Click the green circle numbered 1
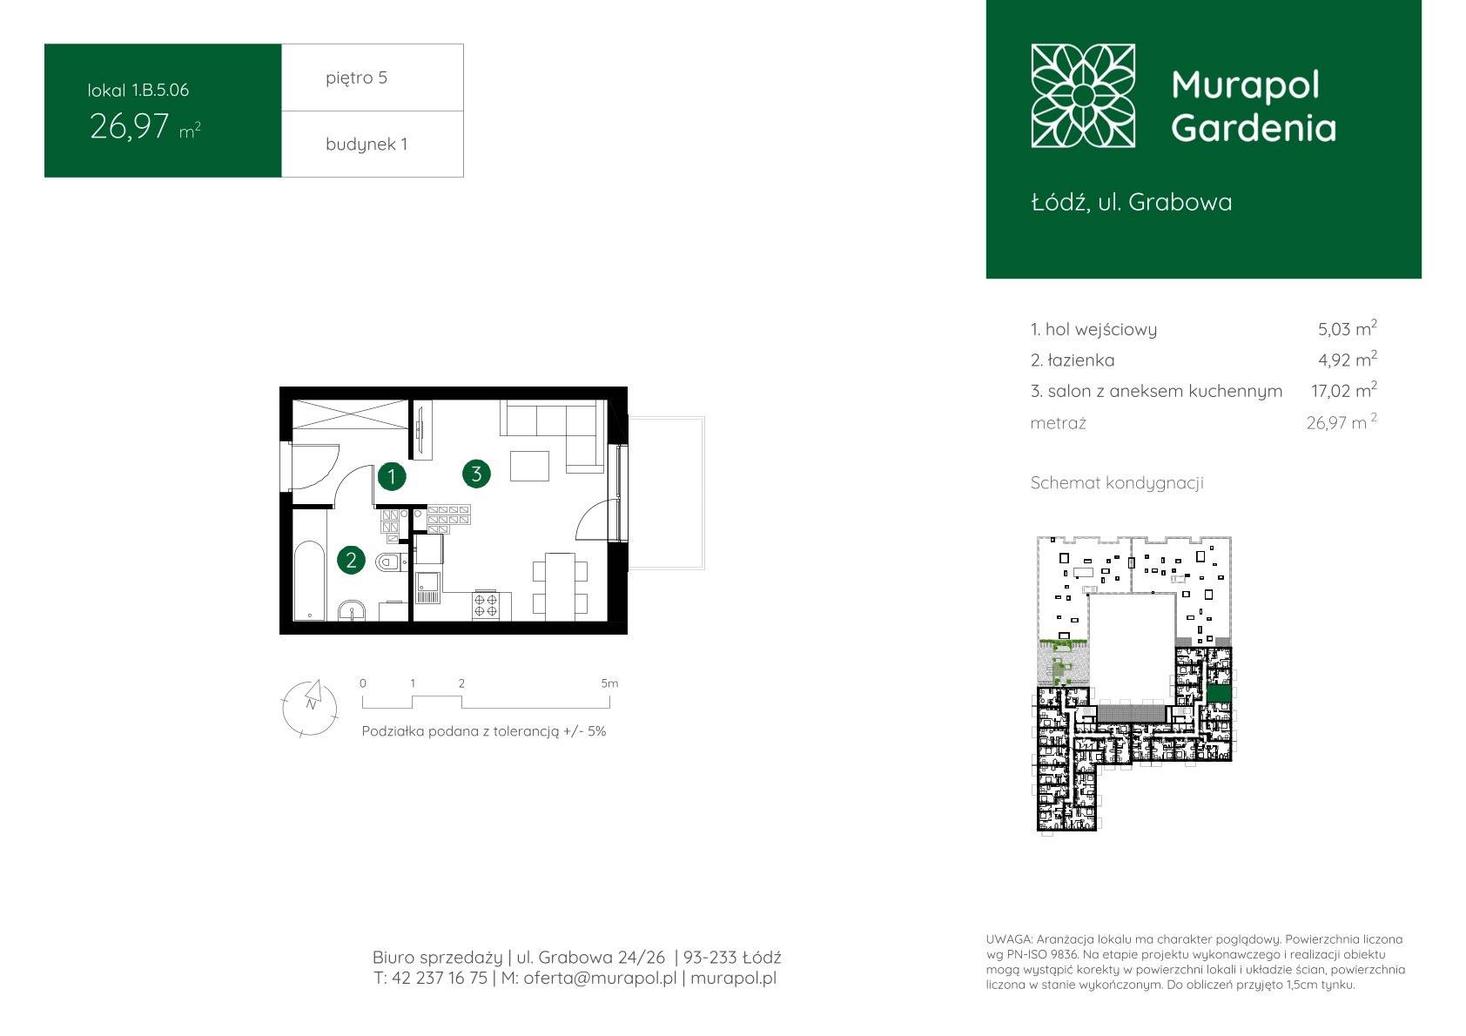(392, 476)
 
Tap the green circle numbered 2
(351, 560)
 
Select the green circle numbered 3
(476, 474)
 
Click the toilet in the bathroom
(391, 562)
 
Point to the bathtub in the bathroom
(309, 581)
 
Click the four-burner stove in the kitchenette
(486, 605)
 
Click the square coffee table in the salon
(529, 466)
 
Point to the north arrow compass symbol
(310, 708)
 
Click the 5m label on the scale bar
(609, 683)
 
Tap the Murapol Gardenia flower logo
(1083, 96)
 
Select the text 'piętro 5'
(357, 77)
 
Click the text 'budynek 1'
(366, 144)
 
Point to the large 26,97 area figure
(130, 127)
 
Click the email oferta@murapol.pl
(600, 978)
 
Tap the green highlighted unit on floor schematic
(1219, 694)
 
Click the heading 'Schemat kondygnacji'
(1117, 483)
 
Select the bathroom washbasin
(352, 611)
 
